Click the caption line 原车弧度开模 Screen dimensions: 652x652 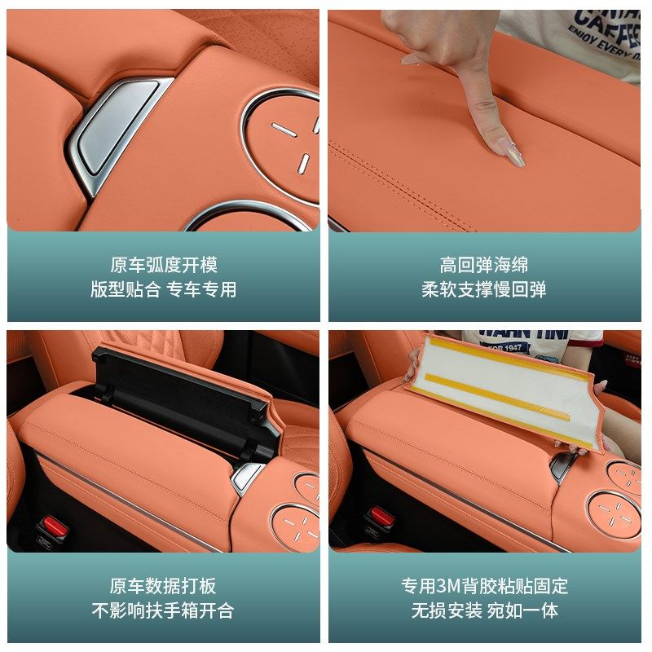(x=164, y=265)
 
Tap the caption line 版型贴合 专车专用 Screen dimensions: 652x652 (x=164, y=289)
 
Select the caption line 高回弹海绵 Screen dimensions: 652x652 (x=484, y=265)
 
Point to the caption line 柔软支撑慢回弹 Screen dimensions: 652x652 (x=484, y=289)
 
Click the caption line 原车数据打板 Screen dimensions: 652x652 (x=164, y=586)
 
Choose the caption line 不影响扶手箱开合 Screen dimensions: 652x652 (x=164, y=610)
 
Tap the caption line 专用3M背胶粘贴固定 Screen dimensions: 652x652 (x=484, y=586)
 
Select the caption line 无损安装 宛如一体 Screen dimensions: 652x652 (x=484, y=610)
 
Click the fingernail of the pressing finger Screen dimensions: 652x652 (x=514, y=154)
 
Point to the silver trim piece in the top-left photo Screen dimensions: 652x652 (x=114, y=130)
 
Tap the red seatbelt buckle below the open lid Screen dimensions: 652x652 (x=55, y=526)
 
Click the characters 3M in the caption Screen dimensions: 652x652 (x=450, y=586)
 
